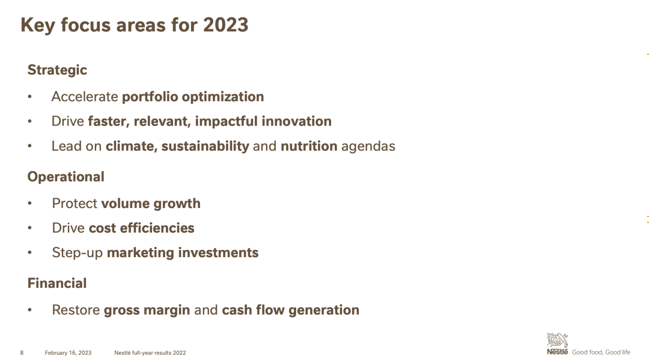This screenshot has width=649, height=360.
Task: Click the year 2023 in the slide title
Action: (225, 25)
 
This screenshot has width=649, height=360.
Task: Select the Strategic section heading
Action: (57, 70)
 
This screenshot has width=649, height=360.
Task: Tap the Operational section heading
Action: (66, 177)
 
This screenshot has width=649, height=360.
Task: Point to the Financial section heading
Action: (57, 283)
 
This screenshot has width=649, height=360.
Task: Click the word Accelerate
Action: (85, 96)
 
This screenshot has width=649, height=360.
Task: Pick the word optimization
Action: (223, 97)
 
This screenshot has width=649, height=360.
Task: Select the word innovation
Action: (296, 121)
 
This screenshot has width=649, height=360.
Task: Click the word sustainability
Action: (206, 146)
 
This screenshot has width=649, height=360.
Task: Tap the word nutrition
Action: (309, 146)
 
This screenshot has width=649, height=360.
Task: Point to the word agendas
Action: (368, 147)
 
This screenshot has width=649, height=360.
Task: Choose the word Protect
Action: (75, 203)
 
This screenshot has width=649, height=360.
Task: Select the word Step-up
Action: (78, 253)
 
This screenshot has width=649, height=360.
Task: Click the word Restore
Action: (76, 310)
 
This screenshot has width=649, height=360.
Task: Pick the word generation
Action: (324, 310)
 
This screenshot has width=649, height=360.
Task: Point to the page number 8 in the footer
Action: (22, 353)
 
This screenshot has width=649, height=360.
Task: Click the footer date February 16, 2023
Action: (69, 353)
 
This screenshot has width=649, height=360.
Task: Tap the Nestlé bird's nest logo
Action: (557, 340)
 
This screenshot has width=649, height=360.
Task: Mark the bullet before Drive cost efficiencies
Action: (30, 228)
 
